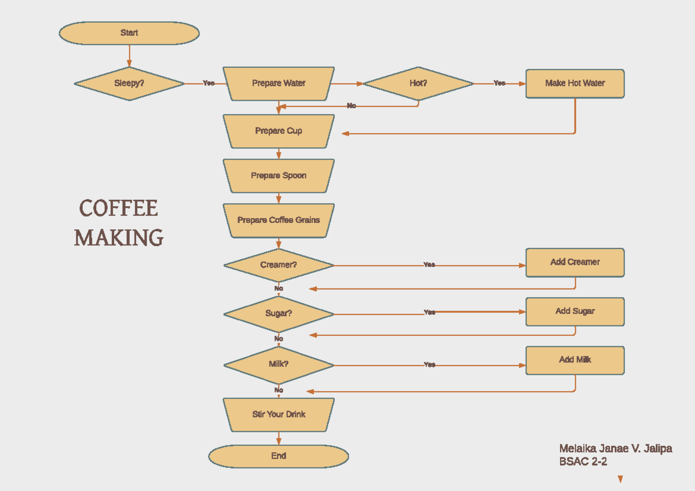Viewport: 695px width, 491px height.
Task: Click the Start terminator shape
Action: coord(129,33)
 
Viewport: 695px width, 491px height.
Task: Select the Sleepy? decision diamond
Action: coord(129,83)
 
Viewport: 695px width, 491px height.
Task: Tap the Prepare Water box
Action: coord(279,83)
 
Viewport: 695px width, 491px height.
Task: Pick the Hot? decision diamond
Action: coord(418,83)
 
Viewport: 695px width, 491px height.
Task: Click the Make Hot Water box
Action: coord(575,83)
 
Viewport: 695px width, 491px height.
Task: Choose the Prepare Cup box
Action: coord(279,131)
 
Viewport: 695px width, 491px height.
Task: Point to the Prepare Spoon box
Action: coord(279,175)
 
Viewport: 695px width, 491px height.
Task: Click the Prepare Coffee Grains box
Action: coord(279,220)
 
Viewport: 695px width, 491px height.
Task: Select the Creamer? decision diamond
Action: coord(279,265)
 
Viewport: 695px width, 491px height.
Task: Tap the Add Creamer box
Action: coord(575,262)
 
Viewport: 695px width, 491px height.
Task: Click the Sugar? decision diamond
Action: coord(279,314)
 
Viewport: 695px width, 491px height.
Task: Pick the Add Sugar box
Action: coord(575,312)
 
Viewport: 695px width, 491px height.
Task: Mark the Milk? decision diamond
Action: coord(279,365)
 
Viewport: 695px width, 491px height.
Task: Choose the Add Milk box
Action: coord(575,360)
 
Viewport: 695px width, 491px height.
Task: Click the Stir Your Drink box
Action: coord(279,415)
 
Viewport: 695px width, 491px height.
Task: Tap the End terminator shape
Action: coord(279,456)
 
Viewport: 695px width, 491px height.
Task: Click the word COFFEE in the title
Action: coord(119,208)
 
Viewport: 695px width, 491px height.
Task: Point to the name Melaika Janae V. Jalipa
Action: coord(615,449)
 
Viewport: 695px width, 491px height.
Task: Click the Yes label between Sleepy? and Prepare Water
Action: coord(209,83)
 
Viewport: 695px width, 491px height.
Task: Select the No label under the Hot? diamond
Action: coord(352,106)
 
